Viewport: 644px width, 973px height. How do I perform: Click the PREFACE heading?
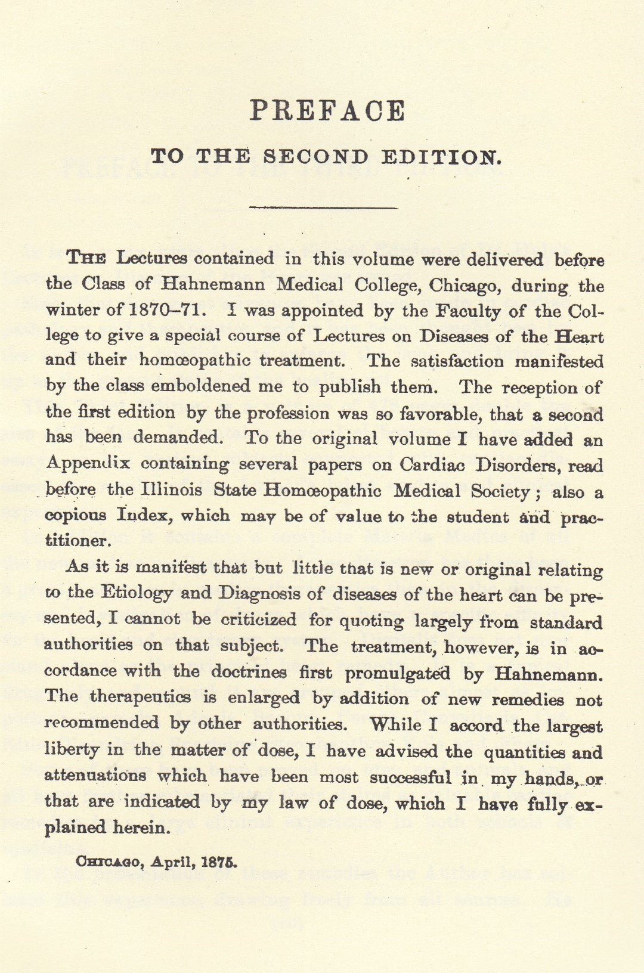(327, 111)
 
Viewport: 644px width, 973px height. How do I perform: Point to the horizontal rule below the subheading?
(323, 207)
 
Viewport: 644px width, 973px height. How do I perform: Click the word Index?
(142, 515)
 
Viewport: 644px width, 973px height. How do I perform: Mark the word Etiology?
(137, 593)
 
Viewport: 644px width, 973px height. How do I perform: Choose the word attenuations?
(95, 776)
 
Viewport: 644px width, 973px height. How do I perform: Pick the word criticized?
(259, 619)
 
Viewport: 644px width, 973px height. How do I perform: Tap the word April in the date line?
(173, 862)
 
